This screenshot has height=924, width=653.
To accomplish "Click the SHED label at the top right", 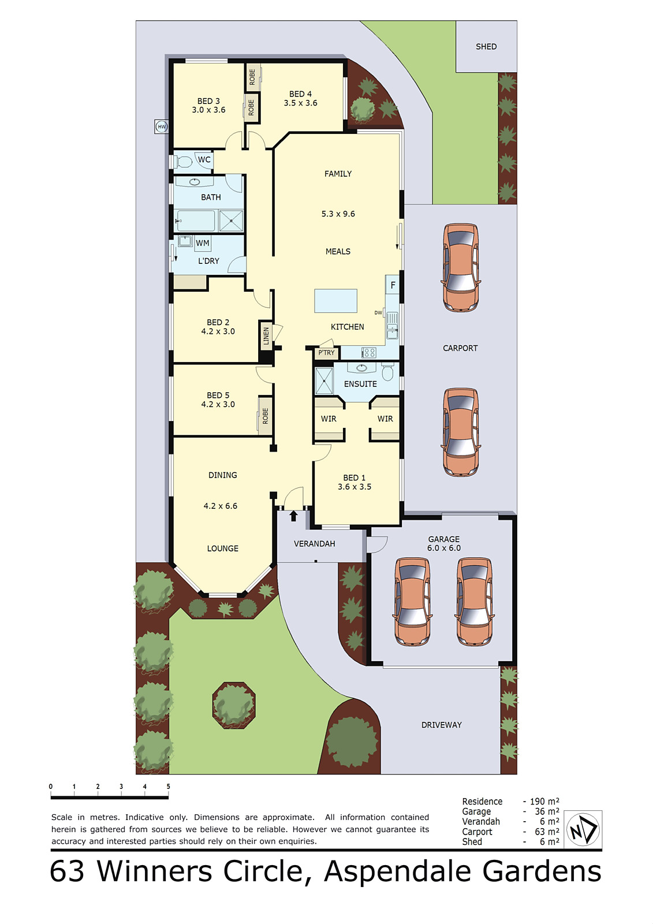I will click(x=486, y=47).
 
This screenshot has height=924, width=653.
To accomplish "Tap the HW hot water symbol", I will click(x=162, y=126).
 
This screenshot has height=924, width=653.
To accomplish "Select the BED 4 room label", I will click(x=300, y=94).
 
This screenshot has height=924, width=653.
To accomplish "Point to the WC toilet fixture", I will click(x=184, y=161).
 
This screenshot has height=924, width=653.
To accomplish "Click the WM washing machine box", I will click(x=202, y=243).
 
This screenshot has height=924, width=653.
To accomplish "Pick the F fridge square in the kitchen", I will click(x=393, y=285).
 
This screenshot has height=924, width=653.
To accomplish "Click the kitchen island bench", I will click(x=335, y=301).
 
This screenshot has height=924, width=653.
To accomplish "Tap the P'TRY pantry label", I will click(x=326, y=353).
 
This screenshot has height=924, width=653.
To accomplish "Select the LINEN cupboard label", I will click(x=266, y=336).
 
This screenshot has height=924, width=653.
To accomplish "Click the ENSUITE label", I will click(x=360, y=384).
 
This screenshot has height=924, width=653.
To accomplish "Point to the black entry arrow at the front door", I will click(x=293, y=515).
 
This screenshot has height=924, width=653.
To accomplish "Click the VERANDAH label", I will click(x=314, y=543).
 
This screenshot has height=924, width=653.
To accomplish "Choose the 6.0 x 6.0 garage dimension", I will click(x=444, y=548).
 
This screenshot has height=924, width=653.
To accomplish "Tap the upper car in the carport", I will click(x=461, y=267).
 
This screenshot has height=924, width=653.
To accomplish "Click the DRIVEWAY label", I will click(x=441, y=725).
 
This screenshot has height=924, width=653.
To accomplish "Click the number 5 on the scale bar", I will click(x=168, y=787).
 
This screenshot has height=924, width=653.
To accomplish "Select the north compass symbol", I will click(x=583, y=829).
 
